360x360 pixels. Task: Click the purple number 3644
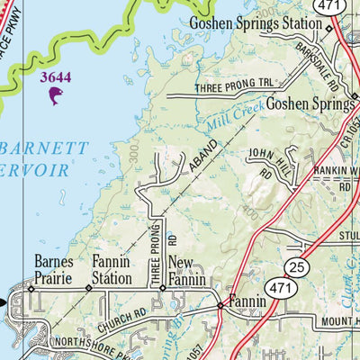(56, 77)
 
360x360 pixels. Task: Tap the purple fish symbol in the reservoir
(56, 94)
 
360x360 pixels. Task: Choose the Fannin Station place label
(112, 270)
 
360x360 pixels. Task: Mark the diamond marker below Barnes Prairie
(31, 289)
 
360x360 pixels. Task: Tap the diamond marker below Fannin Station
(88, 289)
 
